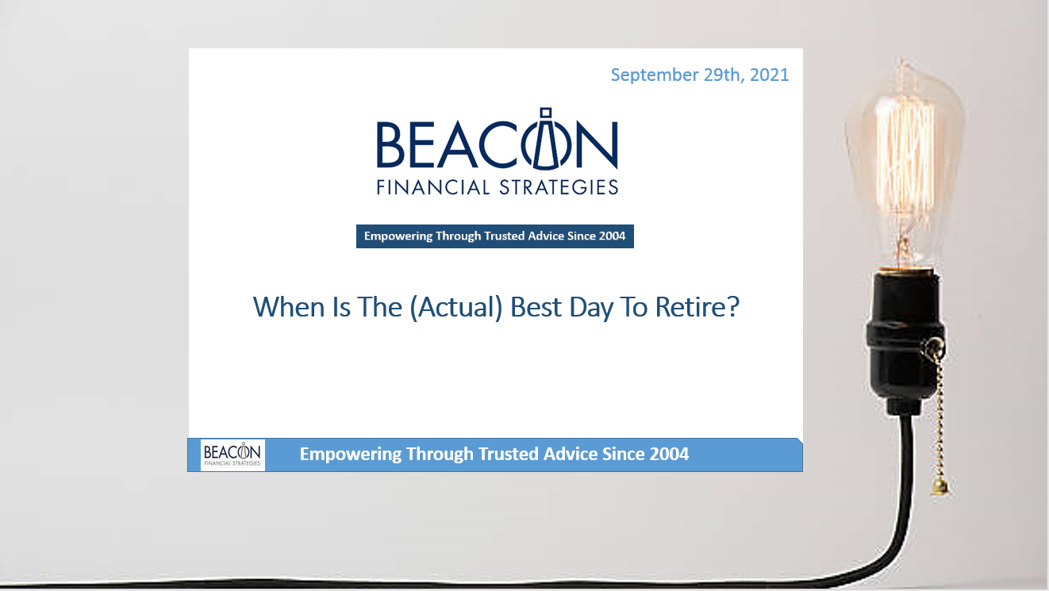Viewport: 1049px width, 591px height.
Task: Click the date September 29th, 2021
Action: [x=699, y=75]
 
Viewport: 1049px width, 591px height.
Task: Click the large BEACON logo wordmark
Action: [x=497, y=145]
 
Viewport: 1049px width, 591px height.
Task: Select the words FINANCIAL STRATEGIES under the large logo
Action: [x=497, y=187]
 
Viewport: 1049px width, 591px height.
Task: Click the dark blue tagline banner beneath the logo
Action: [x=494, y=236]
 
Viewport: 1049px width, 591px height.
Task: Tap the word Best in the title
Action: [x=536, y=306]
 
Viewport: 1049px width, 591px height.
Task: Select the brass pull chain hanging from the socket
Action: [x=941, y=413]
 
